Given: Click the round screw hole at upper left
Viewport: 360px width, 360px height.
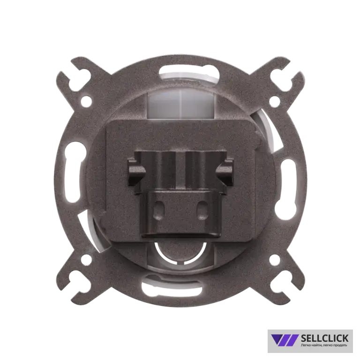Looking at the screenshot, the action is [86, 100].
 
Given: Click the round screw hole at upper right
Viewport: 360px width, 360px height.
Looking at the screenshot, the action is [274, 100].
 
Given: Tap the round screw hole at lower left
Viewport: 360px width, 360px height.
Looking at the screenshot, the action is [86, 259].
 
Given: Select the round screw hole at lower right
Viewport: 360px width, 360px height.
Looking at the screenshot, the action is [274, 259].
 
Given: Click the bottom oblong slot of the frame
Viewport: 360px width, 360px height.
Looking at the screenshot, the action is [172, 288].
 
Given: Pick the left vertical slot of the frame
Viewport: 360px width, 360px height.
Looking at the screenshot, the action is [73, 172].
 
